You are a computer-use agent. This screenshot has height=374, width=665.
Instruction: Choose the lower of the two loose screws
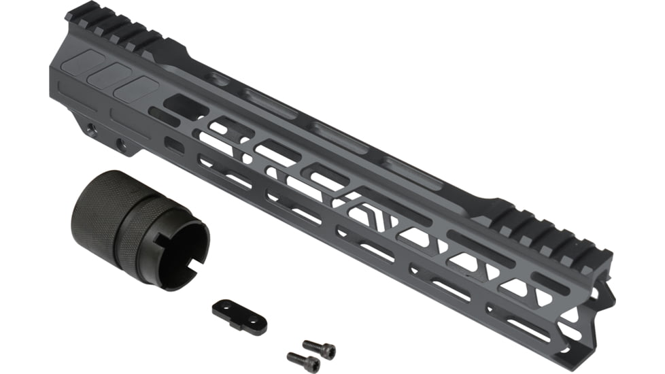point(303,360)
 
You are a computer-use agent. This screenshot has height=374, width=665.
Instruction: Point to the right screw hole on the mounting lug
point(120,143)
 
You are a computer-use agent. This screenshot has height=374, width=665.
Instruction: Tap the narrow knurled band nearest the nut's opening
point(148,223)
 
